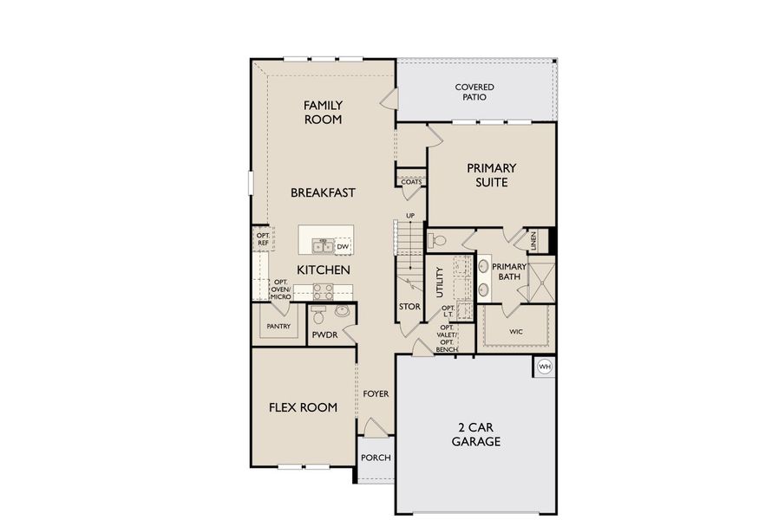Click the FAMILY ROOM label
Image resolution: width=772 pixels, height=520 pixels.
coord(323,112)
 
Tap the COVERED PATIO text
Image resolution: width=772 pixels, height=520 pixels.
coord(474,92)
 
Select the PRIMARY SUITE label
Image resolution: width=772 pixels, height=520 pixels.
coord(491,175)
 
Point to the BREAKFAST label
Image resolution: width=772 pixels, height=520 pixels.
coord(323,192)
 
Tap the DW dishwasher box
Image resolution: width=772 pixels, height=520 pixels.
coord(343,247)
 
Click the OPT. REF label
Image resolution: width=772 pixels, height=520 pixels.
coord(262,238)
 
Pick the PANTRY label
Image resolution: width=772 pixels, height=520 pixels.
coord(278,327)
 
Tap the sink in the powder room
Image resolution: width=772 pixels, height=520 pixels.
coord(342,311)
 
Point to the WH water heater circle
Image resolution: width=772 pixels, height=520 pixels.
coord(545,367)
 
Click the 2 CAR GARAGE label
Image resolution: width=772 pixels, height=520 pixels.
coord(475,434)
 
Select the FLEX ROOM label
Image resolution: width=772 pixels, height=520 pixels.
coord(303,407)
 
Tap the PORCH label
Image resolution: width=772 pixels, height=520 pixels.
coord(376,458)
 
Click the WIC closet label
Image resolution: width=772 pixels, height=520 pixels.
coord(516,330)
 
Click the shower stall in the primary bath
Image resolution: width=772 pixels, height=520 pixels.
coord(542,280)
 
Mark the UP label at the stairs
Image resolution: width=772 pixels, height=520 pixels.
coord(410,216)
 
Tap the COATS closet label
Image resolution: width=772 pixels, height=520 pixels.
coord(411,181)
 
